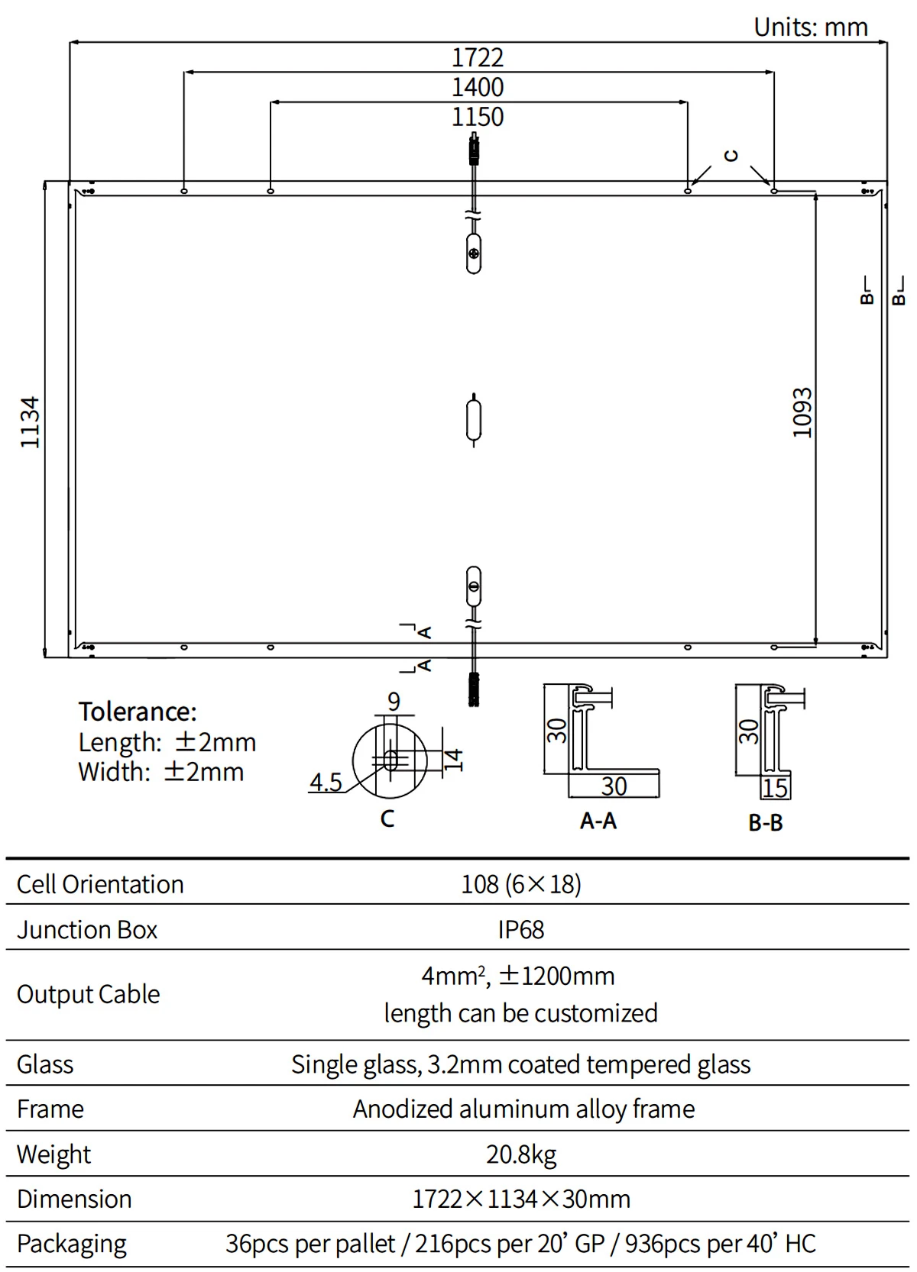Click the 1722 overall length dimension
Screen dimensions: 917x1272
coord(478,58)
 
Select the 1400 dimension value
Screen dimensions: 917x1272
coord(478,88)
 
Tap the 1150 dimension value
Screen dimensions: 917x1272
coord(478,117)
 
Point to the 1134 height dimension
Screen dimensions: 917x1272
coord(30,422)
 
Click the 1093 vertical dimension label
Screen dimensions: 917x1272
coord(802,413)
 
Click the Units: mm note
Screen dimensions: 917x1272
coord(811,27)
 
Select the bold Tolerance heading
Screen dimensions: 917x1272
coord(138,712)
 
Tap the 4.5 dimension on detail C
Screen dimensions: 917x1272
coord(326,782)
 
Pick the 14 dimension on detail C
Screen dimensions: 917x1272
coord(453,760)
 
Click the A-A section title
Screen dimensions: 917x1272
coord(598,821)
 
